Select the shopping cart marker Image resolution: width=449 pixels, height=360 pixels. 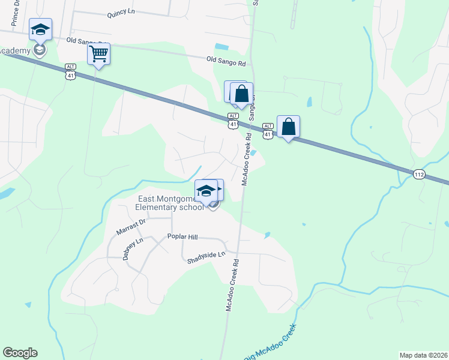tap(98, 54)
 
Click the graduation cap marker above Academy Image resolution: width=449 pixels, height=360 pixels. tap(41, 29)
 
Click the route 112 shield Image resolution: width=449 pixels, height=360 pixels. tap(419, 174)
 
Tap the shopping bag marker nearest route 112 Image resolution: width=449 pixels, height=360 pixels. tap(289, 127)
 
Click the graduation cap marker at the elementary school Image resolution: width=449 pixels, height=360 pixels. tap(206, 191)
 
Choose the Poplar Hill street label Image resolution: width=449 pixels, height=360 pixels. tap(182, 237)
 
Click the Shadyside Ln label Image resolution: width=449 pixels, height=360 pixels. tap(205, 256)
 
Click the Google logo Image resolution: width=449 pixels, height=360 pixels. tap(20, 353)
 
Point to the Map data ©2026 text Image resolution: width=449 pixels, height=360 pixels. tap(423, 355)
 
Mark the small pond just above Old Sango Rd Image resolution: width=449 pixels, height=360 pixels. tap(221, 46)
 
